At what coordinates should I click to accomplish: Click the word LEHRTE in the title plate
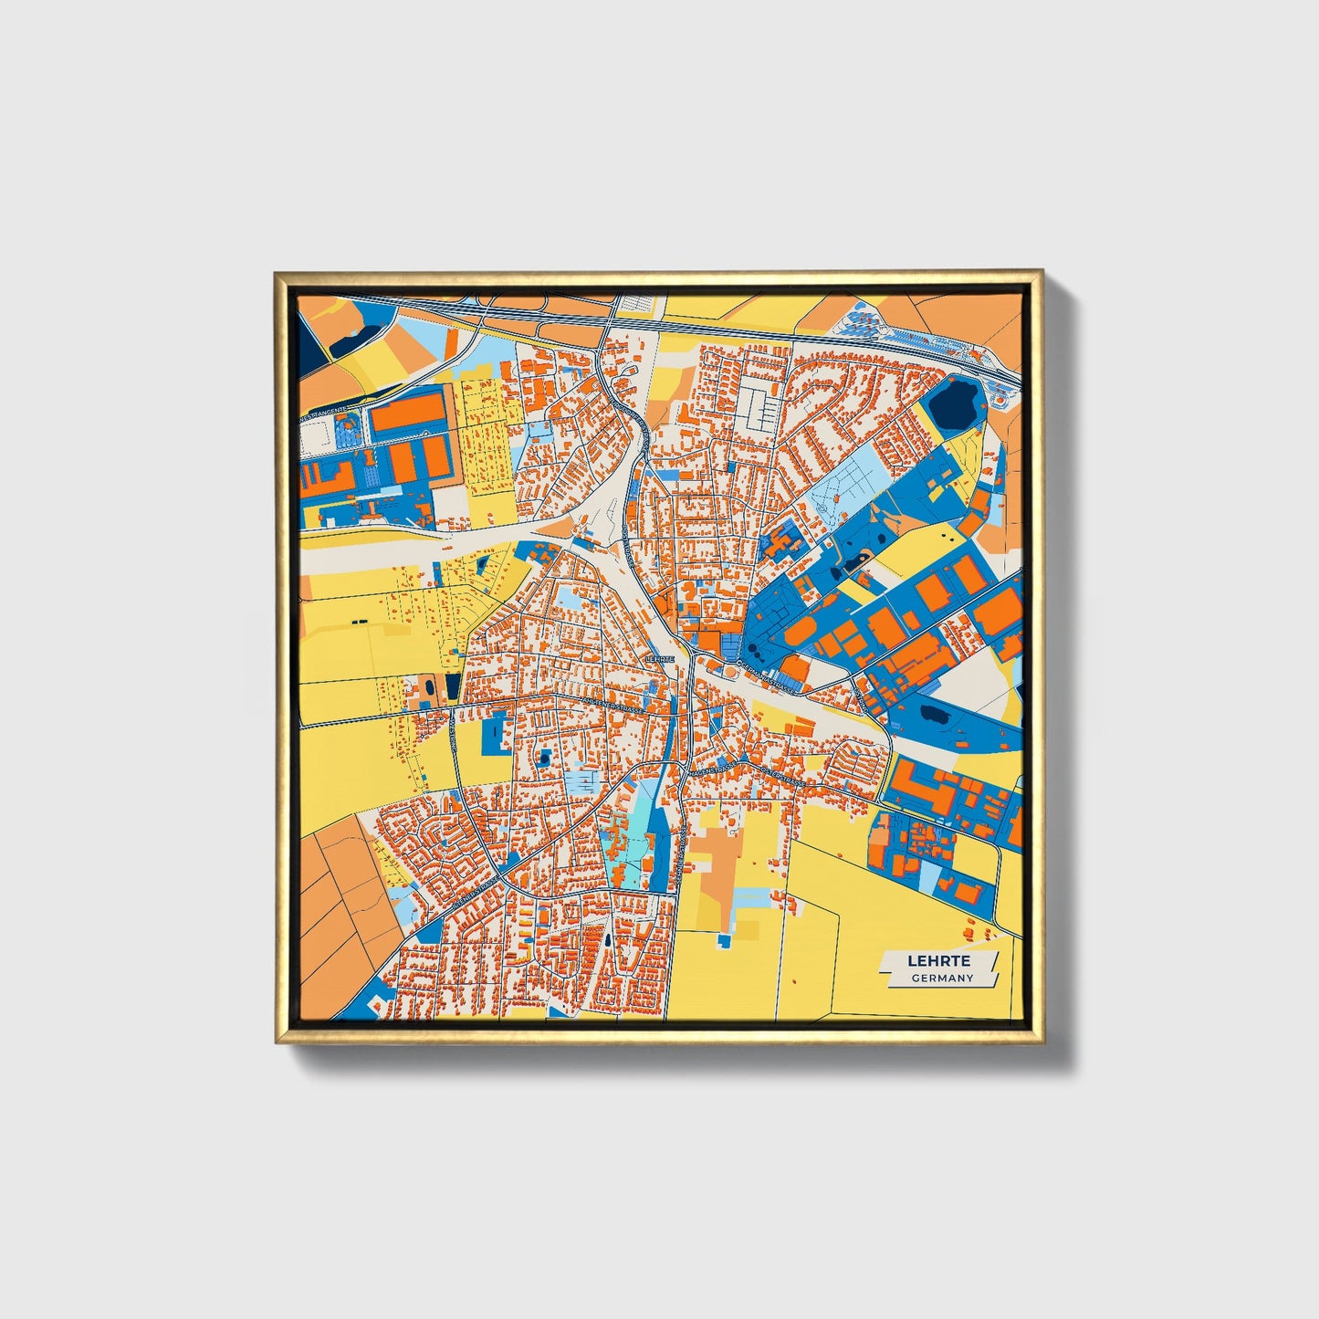point(938,961)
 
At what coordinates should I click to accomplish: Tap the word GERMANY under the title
point(941,978)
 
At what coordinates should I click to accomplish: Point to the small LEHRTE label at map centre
point(658,657)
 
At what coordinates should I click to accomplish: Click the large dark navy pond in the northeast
point(951,402)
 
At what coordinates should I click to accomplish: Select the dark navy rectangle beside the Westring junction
point(454,685)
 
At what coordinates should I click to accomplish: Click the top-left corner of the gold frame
point(277,273)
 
